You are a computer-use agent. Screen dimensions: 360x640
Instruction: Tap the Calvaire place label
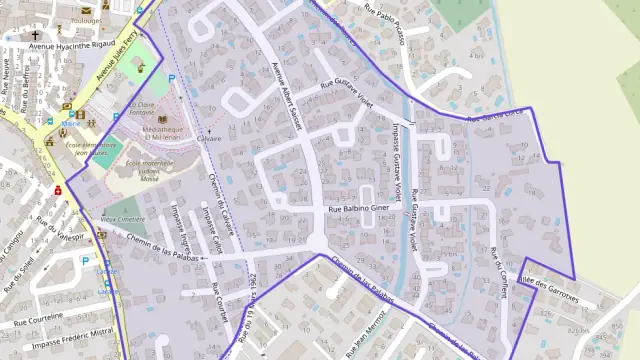pyautogui.click(x=209, y=139)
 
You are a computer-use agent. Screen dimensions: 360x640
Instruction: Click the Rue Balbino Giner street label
pyautogui.click(x=358, y=209)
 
